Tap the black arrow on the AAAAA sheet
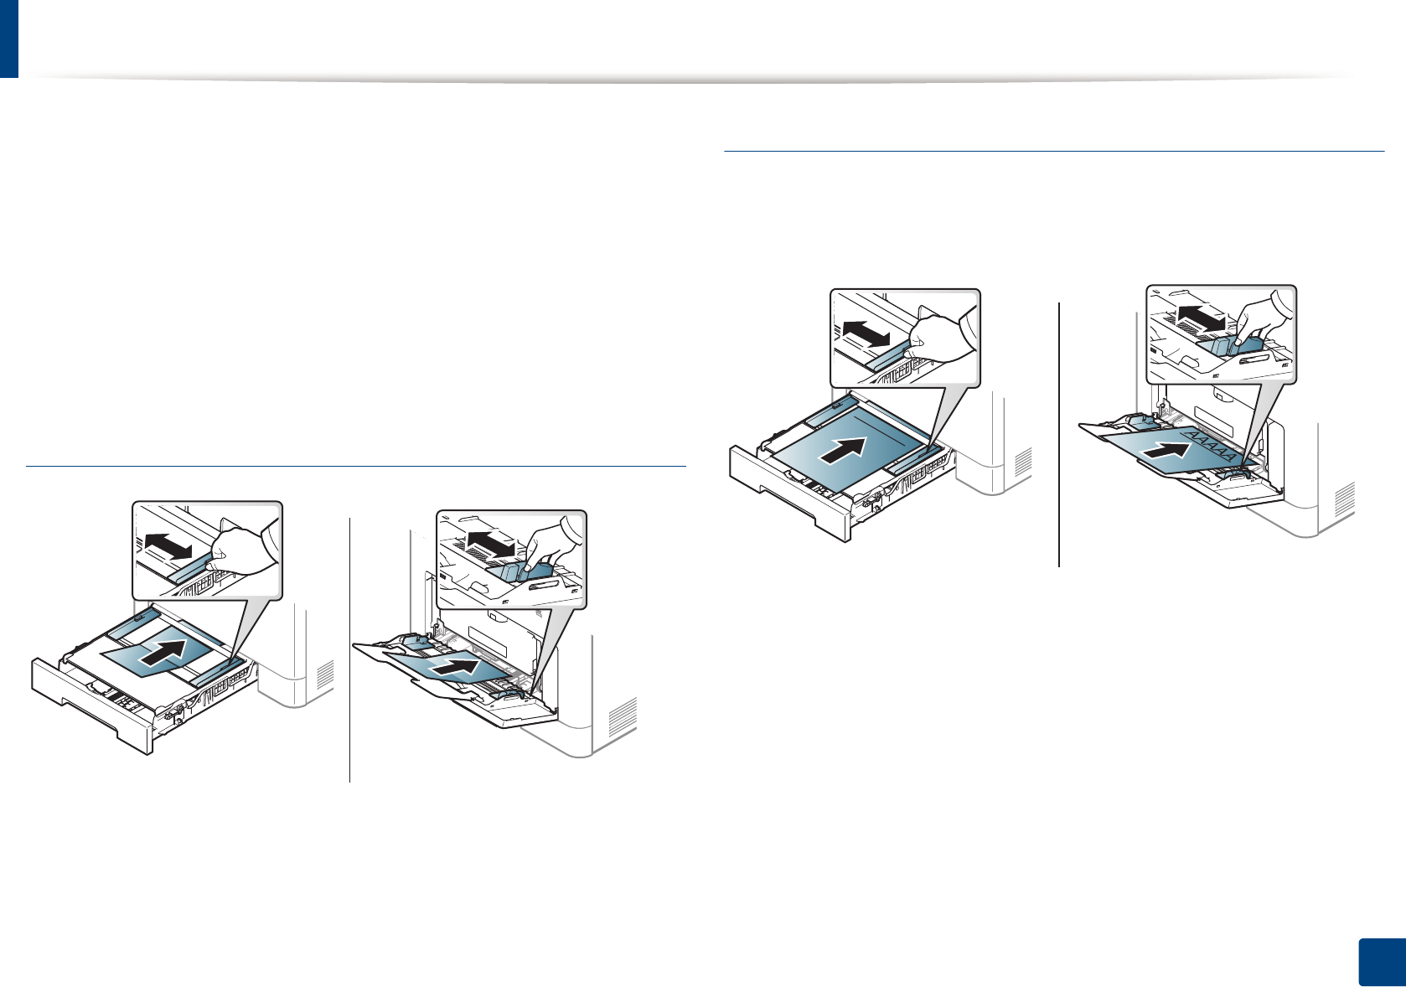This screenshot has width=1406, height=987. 1166,451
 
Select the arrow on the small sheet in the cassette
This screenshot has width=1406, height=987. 163,651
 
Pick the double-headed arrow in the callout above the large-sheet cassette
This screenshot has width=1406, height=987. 866,333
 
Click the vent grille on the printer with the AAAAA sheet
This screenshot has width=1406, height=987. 1344,500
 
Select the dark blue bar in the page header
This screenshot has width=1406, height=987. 8,39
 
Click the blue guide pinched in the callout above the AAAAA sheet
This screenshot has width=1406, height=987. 1230,344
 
